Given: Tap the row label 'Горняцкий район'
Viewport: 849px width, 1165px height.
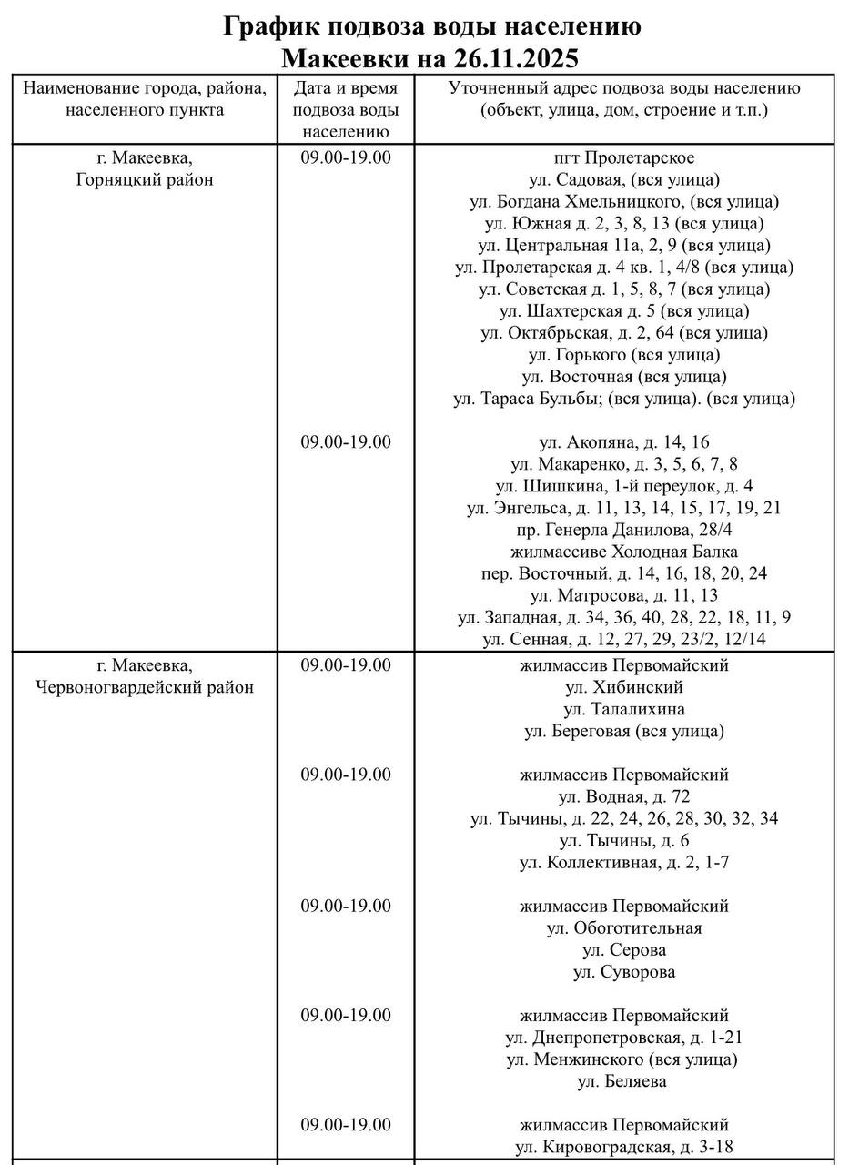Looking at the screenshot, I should point(146,179).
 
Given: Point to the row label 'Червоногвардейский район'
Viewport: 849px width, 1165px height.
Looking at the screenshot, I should point(146,687).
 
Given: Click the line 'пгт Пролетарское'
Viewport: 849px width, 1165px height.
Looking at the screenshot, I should point(624,158).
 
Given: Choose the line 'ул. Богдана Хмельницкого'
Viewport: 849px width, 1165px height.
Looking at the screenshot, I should point(624,201).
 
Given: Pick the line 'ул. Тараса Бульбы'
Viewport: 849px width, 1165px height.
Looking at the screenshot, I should point(624,399).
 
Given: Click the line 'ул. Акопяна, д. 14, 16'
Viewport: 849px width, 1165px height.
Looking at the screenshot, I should point(624,442).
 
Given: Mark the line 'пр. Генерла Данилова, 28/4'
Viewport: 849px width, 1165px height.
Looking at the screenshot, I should point(624,530).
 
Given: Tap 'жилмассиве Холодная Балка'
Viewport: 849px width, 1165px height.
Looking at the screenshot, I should point(624,552).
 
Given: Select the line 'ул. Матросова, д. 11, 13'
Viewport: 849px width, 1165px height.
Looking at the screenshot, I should point(624,595).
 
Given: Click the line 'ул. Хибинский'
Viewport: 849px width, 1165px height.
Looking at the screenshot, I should point(624,687).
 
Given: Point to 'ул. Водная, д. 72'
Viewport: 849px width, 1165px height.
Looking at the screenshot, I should point(624,796).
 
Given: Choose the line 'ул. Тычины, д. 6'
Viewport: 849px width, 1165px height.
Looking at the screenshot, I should point(624,840).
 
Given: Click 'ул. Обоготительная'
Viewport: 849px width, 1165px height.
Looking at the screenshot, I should point(624,928).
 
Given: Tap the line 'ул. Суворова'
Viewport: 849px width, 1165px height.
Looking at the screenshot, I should point(624,972).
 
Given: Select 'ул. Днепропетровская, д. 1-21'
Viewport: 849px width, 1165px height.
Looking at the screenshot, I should point(624,1038).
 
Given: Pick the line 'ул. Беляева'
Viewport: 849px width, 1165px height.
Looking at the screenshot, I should point(624,1081).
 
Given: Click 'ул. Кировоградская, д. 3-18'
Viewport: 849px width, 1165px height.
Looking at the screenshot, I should point(624,1147).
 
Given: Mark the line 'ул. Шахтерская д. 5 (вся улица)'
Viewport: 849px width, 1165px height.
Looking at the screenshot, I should point(624,311).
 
